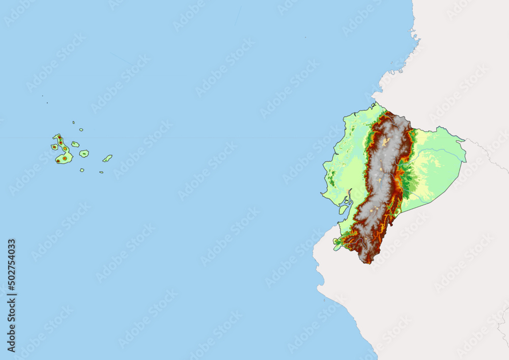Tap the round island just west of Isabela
pyautogui.click(x=54, y=147)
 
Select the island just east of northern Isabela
pyautogui.click(x=75, y=144)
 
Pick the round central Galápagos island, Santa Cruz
pyautogui.click(x=84, y=153)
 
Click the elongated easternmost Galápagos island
pyautogui.click(x=107, y=158)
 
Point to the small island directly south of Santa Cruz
pyautogui.click(x=82, y=170)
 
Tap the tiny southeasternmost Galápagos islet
pyautogui.click(x=101, y=172)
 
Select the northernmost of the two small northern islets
pyautogui.click(x=73, y=122)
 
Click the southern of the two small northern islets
pyautogui.click(x=81, y=130)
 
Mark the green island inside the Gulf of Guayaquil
pyautogui.click(x=344, y=209)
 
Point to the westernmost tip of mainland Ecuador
pyautogui.click(x=322, y=193)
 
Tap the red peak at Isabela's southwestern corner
pyautogui.click(x=58, y=160)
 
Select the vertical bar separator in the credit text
pyautogui.click(x=11, y=296)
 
